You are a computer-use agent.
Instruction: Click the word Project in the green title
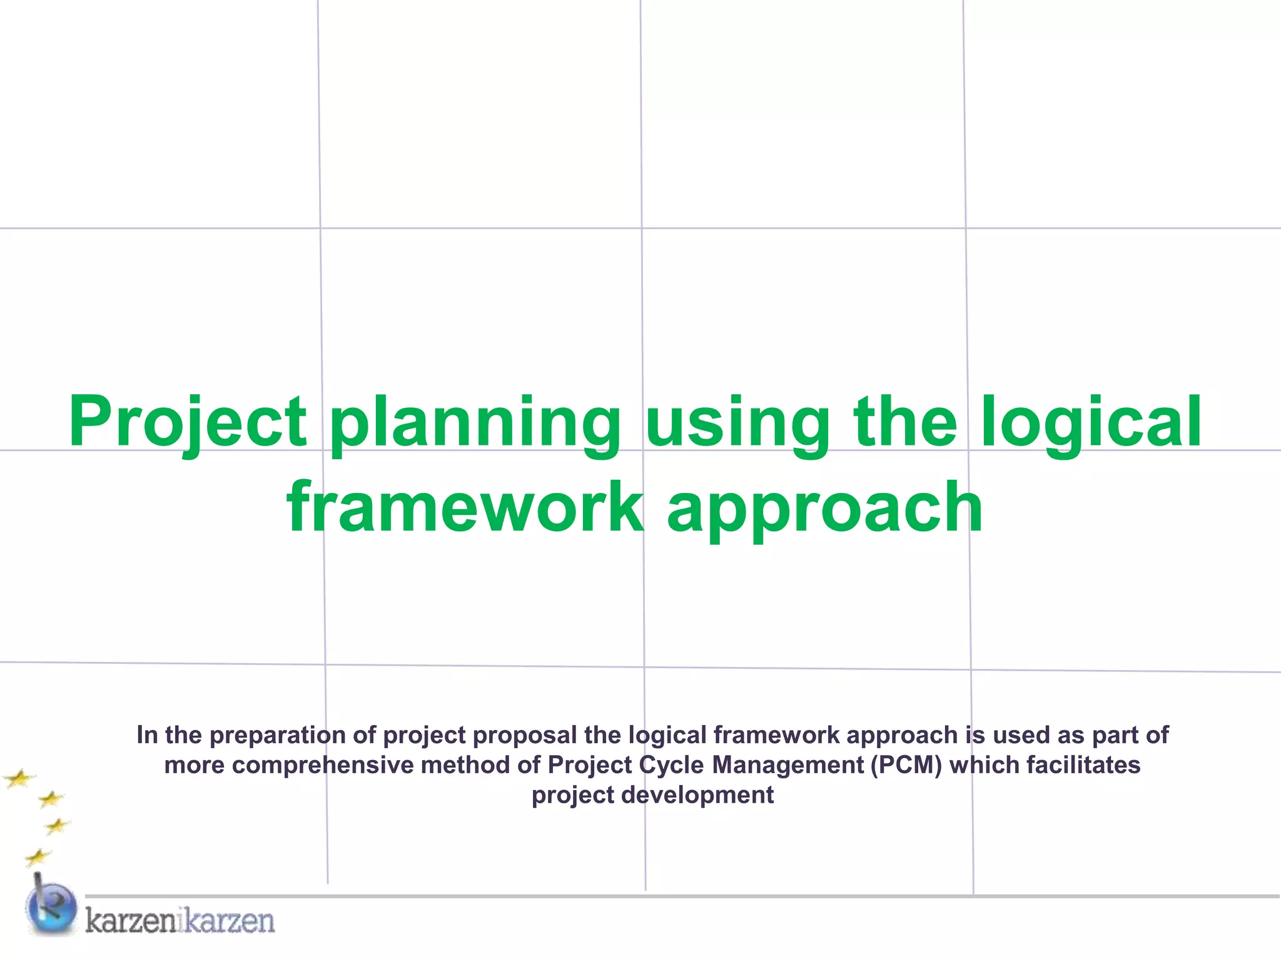pyautogui.click(x=188, y=422)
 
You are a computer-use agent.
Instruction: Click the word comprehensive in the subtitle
pyautogui.click(x=323, y=765)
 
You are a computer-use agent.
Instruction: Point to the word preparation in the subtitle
pyautogui.click(x=278, y=735)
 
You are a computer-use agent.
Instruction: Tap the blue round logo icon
pyautogui.click(x=51, y=908)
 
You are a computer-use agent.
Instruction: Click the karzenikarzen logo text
pyautogui.click(x=180, y=921)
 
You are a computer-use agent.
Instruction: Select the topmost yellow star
pyautogui.click(x=19, y=779)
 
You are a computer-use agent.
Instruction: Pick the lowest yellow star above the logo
pyautogui.click(x=38, y=857)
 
